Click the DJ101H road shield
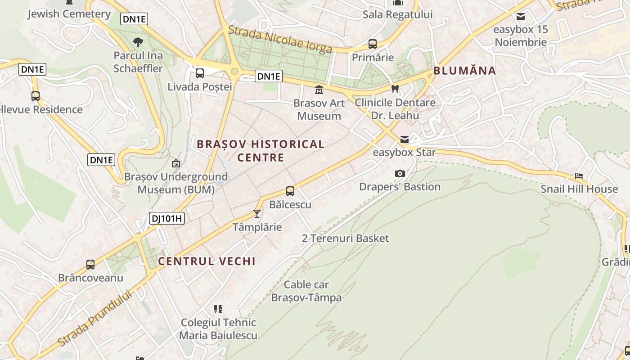[x=167, y=219]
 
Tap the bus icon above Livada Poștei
[x=200, y=73]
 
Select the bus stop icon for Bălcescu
[x=290, y=191]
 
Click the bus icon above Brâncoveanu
[x=90, y=265]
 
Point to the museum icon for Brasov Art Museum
[x=319, y=90]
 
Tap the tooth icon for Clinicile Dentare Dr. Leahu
[x=395, y=89]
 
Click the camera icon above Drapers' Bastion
[x=400, y=174]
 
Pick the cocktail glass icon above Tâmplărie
[x=257, y=214]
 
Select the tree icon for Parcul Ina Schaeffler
[x=138, y=42]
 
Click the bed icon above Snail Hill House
[x=579, y=176]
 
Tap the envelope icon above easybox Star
[x=405, y=139]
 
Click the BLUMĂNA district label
[x=464, y=71]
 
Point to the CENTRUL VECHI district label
[x=207, y=261]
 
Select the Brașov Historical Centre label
[x=261, y=151]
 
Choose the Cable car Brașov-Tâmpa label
[x=306, y=291]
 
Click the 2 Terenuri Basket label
[x=345, y=238]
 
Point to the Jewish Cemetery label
[x=69, y=14]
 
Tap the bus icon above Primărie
[x=373, y=44]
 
